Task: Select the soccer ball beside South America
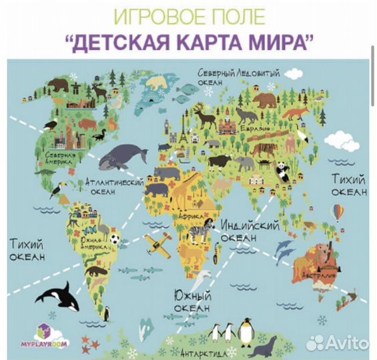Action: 115,238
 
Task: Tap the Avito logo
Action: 340,342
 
